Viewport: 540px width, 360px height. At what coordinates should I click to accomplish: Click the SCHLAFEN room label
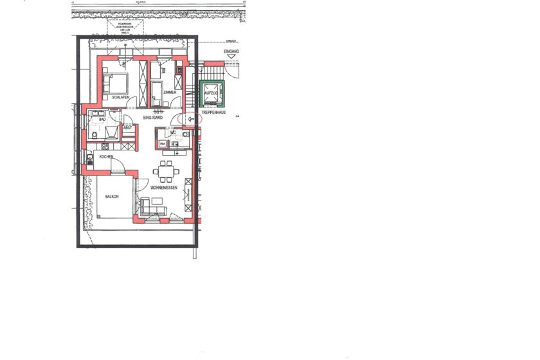[121, 97]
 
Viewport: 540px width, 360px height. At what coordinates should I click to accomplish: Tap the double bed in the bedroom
[116, 83]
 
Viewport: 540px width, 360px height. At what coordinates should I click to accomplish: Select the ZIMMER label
[170, 93]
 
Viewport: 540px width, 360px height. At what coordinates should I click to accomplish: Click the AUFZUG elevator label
[211, 93]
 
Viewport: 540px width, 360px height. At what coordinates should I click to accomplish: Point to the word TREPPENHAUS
[213, 112]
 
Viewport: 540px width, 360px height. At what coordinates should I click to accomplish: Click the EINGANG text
[231, 51]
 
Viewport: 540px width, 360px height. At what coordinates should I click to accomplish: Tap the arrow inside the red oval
[190, 118]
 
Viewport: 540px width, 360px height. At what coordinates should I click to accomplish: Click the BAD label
[102, 119]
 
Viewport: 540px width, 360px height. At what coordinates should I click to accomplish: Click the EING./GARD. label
[153, 119]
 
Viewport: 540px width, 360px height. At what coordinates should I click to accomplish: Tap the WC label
[174, 132]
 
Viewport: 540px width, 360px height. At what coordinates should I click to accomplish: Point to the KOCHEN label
[107, 156]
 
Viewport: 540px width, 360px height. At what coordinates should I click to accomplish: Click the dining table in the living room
[166, 171]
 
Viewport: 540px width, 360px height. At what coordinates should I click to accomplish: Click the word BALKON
[112, 197]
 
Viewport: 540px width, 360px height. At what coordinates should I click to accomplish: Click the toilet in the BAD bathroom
[94, 135]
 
